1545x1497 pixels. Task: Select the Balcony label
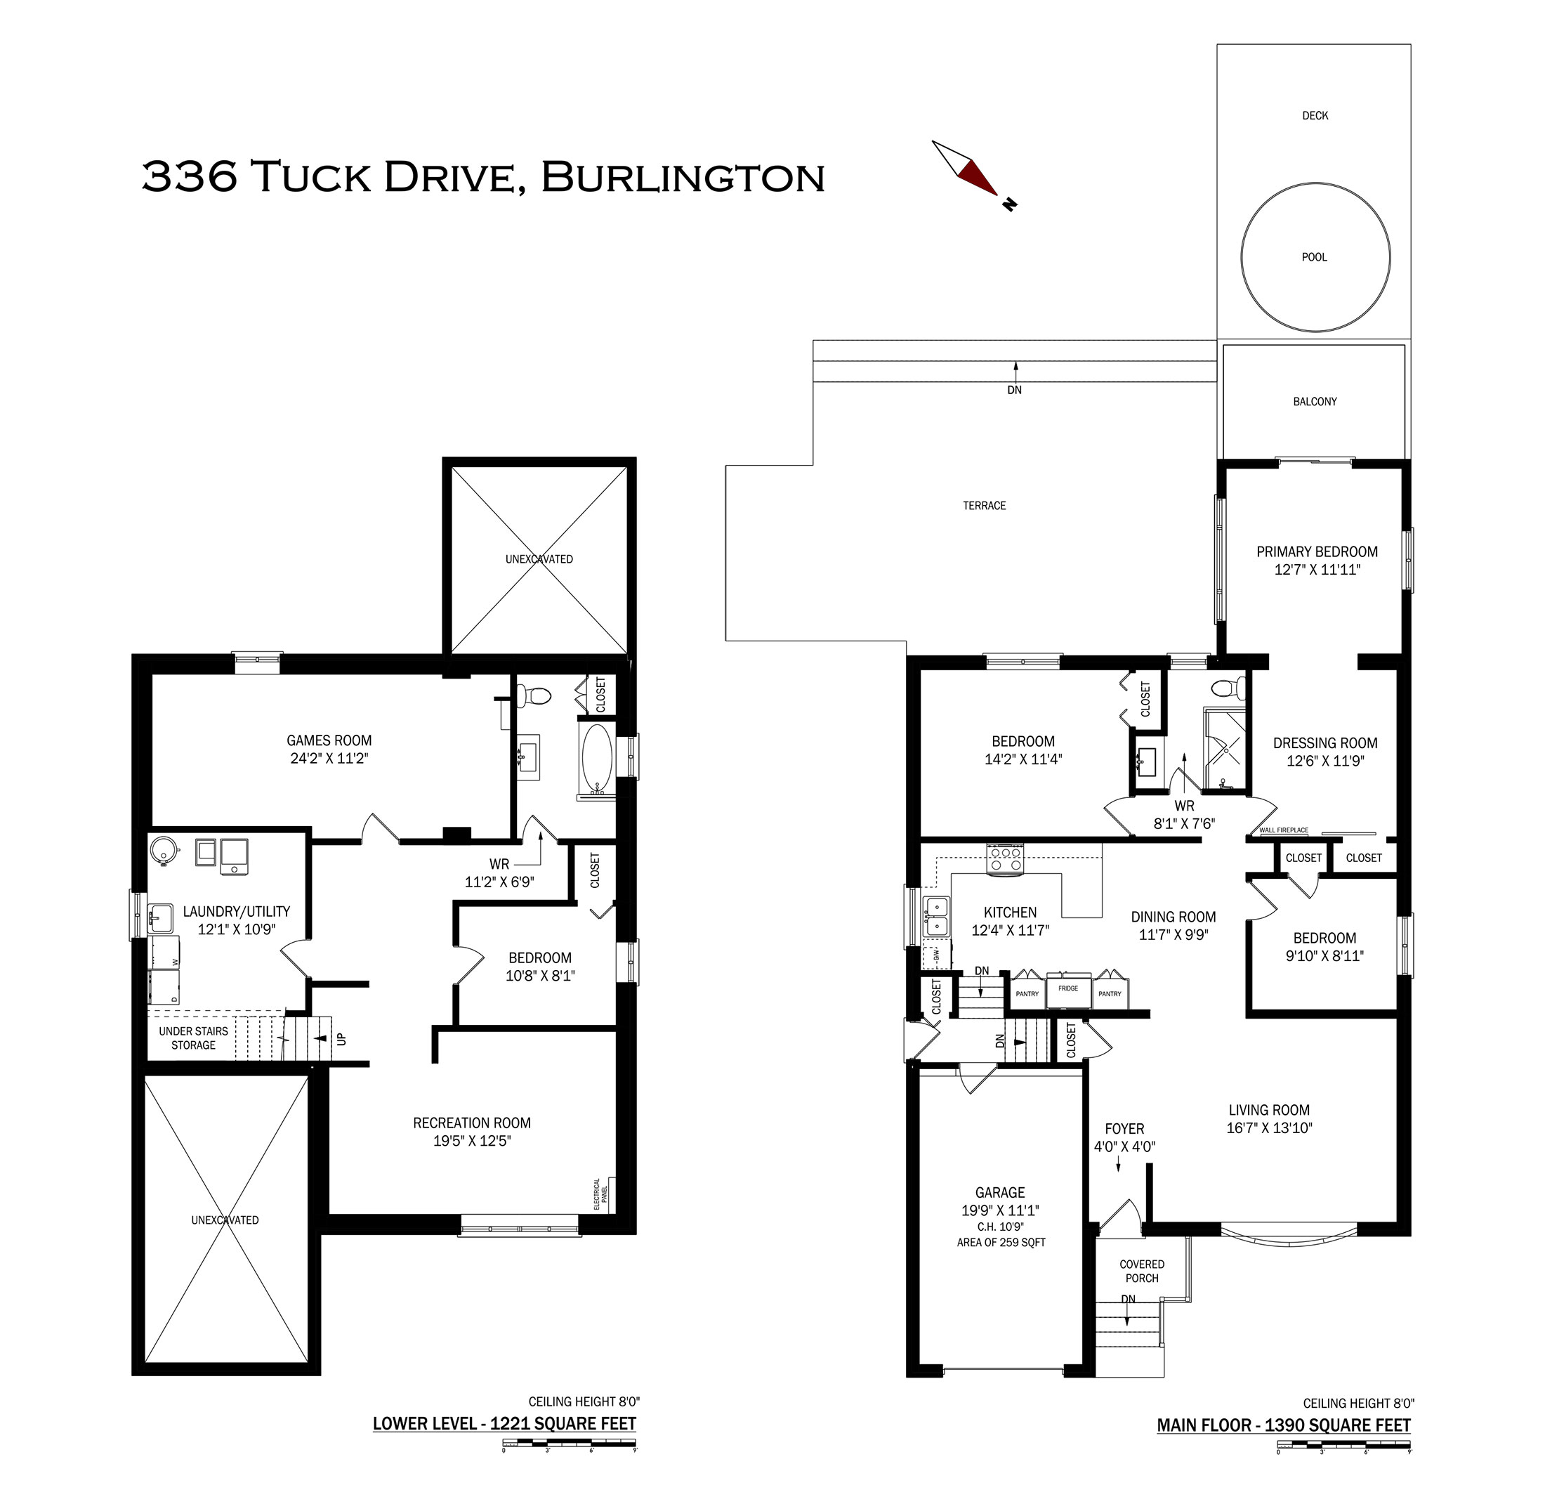click(x=1315, y=401)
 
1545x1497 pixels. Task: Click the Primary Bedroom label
click(x=1317, y=552)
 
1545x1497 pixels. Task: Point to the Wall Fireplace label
click(x=1283, y=830)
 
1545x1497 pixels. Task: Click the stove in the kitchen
click(x=1005, y=858)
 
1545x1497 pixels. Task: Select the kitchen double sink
click(x=936, y=916)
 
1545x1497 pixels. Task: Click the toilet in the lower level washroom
click(x=534, y=695)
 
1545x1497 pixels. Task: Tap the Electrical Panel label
click(x=600, y=1194)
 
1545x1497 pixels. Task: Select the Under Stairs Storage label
click(x=193, y=1038)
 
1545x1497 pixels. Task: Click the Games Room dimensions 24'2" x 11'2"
click(x=329, y=759)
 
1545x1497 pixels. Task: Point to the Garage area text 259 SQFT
click(x=1001, y=1243)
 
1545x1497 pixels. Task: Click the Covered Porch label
click(x=1141, y=1271)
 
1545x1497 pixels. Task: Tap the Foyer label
click(x=1124, y=1129)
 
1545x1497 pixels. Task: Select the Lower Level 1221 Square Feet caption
click(x=504, y=1424)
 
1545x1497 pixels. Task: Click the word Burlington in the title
click(x=683, y=176)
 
